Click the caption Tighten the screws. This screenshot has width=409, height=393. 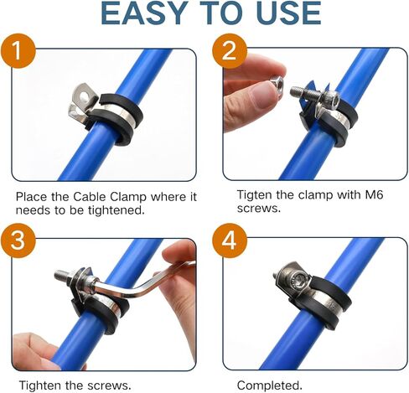(x=74, y=385)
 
